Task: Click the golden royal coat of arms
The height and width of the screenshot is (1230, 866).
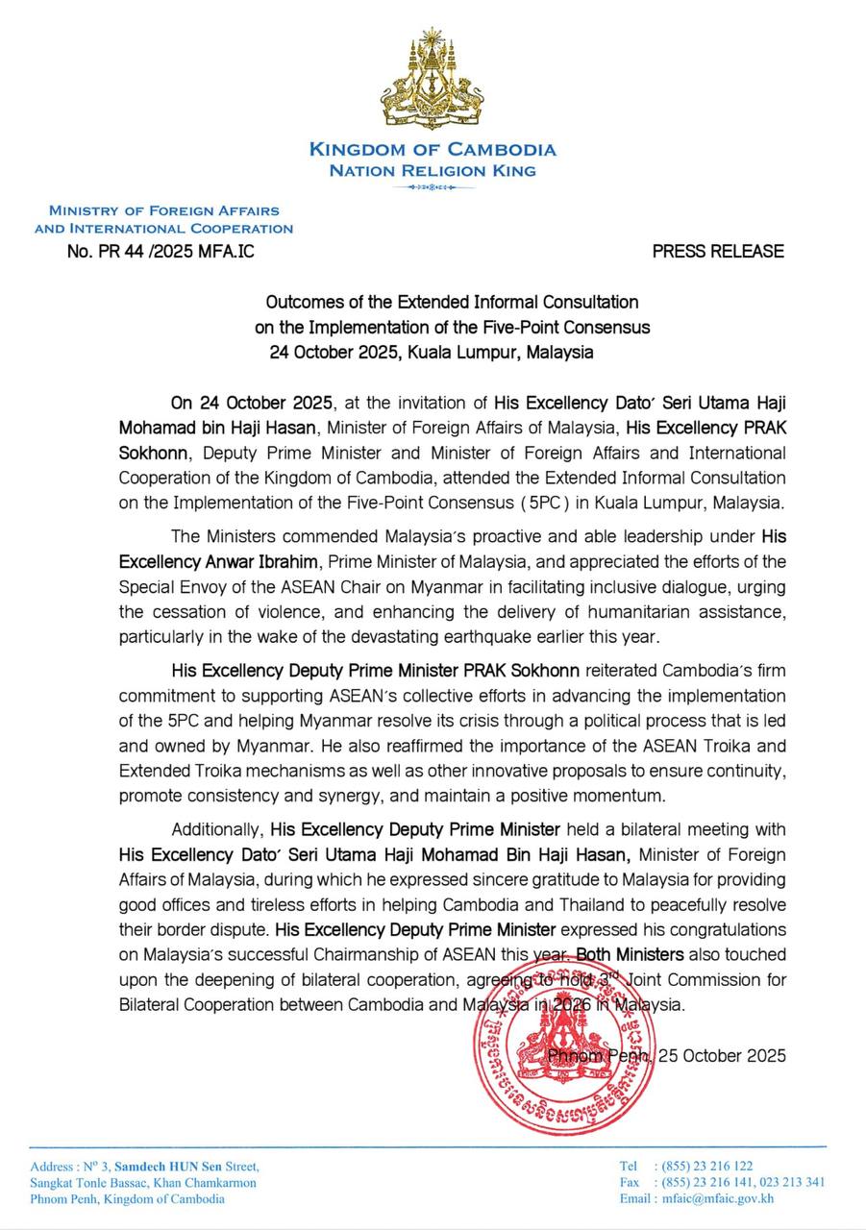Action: [432, 82]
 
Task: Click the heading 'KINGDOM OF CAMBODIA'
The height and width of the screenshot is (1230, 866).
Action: [433, 150]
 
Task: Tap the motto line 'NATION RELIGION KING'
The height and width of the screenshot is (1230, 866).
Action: [433, 171]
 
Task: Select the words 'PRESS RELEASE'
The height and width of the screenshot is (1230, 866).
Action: [718, 252]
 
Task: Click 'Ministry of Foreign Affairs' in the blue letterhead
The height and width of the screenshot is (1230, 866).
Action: [164, 210]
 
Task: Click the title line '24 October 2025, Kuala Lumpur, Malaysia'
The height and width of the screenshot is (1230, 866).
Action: [432, 352]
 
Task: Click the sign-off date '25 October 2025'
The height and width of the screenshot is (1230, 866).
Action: [723, 1055]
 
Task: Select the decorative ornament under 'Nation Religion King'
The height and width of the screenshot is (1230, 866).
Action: [432, 187]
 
